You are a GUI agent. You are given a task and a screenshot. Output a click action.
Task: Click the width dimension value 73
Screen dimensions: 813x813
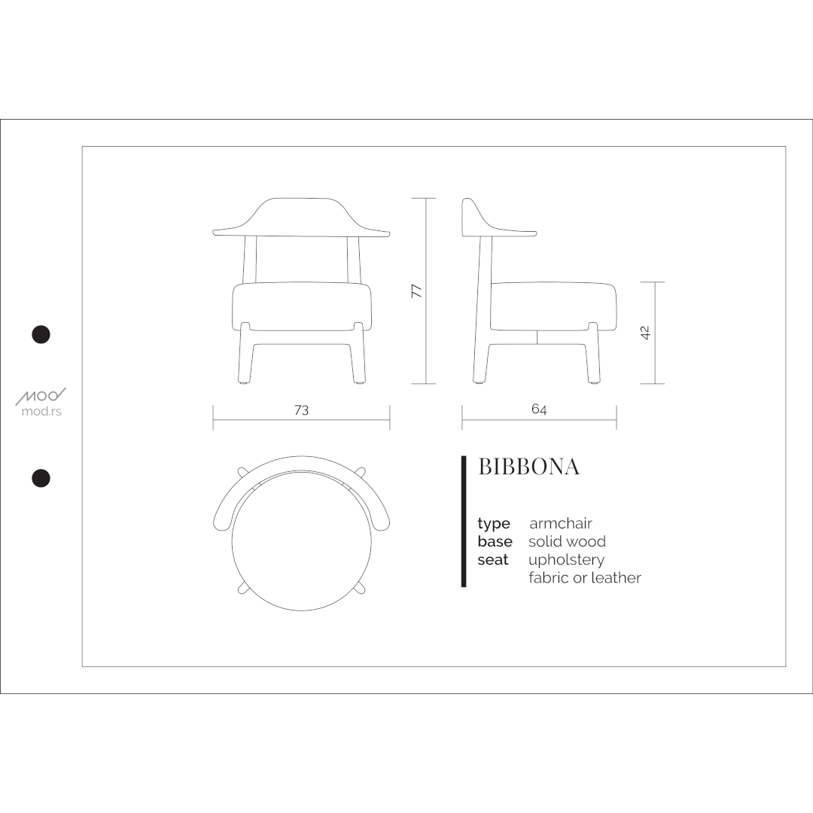pyautogui.click(x=301, y=410)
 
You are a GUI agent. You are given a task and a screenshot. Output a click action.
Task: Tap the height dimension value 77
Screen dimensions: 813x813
pyautogui.click(x=416, y=291)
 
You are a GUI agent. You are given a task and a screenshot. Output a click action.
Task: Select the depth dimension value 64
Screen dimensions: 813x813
pyautogui.click(x=539, y=409)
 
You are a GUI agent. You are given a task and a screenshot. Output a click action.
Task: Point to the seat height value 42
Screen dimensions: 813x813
pyautogui.click(x=646, y=333)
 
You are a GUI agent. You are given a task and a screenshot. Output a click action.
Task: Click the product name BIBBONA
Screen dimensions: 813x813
pyautogui.click(x=528, y=467)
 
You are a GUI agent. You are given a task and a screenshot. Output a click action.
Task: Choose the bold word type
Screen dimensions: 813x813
pyautogui.click(x=494, y=524)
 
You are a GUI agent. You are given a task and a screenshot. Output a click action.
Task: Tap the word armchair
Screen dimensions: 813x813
pyautogui.click(x=561, y=523)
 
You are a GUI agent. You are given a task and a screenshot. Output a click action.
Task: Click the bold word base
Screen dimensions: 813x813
pyautogui.click(x=495, y=541)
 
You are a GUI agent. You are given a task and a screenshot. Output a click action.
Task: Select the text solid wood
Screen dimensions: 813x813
pyautogui.click(x=568, y=541)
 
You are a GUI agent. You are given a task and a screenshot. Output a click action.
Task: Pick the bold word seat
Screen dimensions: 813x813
pyautogui.click(x=493, y=560)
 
